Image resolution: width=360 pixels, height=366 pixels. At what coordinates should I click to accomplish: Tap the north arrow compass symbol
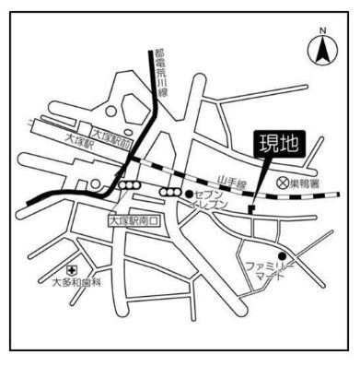click(324, 53)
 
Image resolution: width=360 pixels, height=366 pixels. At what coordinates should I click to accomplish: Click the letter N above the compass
click(324, 31)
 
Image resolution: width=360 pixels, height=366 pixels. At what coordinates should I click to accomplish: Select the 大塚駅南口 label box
click(134, 221)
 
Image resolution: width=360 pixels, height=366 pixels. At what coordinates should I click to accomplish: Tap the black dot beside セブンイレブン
click(189, 195)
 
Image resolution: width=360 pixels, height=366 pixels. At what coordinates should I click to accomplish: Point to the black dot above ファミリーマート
click(284, 255)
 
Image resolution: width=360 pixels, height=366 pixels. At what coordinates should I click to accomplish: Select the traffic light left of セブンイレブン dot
click(170, 192)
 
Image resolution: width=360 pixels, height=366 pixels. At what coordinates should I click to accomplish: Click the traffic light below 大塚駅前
click(127, 185)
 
